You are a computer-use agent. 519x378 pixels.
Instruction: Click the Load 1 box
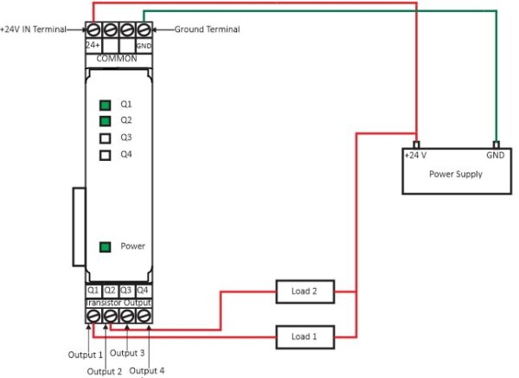(300, 336)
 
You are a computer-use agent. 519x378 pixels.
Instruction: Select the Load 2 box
(300, 292)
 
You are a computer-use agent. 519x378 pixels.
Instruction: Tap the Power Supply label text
(456, 174)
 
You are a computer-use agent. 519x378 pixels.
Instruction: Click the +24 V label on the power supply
(416, 156)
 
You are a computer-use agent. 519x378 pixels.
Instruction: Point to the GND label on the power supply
(496, 156)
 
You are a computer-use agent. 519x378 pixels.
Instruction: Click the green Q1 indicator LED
(105, 104)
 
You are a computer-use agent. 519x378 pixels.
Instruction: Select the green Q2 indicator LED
(105, 121)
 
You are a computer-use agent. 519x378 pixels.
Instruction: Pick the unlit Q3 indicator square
(105, 138)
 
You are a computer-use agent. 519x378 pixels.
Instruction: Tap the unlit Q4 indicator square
(105, 156)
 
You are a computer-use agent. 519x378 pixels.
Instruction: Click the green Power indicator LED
(105, 247)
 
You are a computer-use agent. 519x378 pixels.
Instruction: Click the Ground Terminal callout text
(208, 29)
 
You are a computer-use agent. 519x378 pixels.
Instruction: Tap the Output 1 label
(86, 355)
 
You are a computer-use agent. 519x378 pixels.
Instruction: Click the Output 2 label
(105, 371)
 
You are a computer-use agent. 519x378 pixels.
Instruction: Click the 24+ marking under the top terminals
(93, 44)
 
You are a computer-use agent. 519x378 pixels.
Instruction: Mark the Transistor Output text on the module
(119, 303)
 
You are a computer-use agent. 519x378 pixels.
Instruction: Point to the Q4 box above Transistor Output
(144, 290)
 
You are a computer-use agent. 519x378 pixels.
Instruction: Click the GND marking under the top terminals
(144, 45)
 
